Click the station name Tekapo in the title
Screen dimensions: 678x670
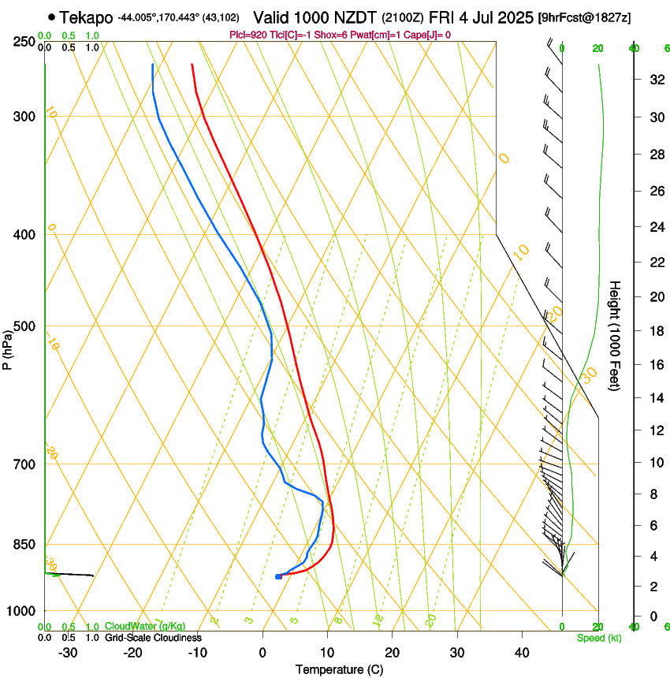tap(87, 17)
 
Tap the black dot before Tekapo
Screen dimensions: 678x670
tap(52, 17)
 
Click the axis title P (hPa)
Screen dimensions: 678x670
tap(8, 348)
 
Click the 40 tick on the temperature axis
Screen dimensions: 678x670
tap(521, 652)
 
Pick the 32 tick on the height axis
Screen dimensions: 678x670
tap(656, 79)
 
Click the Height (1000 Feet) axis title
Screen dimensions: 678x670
tap(616, 336)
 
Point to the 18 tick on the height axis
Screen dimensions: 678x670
tap(656, 331)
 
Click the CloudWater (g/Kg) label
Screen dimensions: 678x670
tap(145, 627)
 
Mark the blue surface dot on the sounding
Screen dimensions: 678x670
tap(278, 576)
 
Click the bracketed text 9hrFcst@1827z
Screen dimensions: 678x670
tap(584, 17)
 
